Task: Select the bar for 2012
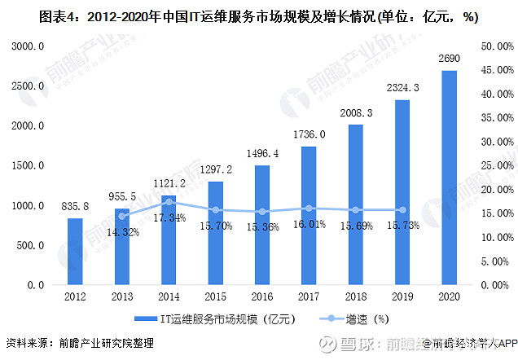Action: coord(75,252)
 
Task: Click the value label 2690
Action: coord(449,60)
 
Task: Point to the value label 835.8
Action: coord(75,208)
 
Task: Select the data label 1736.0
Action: coord(309,135)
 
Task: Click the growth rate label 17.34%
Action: coord(168,218)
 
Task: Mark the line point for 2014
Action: coord(169,201)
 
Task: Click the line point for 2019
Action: coord(402,210)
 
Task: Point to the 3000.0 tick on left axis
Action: coord(28,47)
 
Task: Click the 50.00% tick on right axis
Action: coord(496,47)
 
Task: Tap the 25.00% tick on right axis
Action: coord(496,166)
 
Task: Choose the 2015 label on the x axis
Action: coord(215,297)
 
